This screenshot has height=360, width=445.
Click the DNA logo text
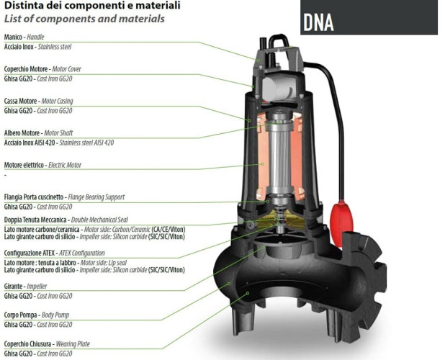click(318, 22)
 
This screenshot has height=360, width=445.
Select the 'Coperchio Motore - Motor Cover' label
click(44, 69)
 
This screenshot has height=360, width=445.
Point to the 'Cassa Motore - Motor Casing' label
click(38, 101)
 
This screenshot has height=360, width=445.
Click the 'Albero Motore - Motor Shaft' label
click(38, 133)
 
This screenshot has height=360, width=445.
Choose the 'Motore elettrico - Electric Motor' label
click(42, 165)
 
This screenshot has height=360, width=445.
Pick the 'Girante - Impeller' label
click(26, 286)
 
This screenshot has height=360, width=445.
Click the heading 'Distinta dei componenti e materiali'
click(82, 6)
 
